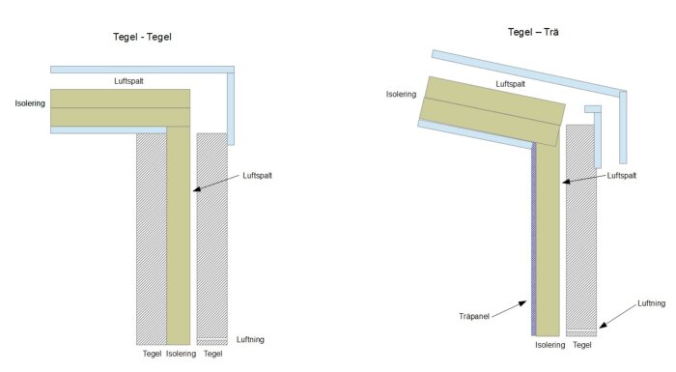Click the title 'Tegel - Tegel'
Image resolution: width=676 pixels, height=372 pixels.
[142, 37]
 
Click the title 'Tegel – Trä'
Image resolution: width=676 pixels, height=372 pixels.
[533, 32]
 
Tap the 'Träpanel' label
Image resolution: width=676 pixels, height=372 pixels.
[474, 316]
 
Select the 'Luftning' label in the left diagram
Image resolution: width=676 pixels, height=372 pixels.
[250, 340]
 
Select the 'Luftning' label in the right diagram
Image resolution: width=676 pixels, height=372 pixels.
[652, 303]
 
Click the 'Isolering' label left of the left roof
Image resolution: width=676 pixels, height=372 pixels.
[30, 103]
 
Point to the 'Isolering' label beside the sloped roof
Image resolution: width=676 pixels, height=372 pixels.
[401, 94]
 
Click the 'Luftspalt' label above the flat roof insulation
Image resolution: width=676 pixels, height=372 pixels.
[128, 81]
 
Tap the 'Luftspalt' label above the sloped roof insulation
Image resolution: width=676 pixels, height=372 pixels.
[511, 84]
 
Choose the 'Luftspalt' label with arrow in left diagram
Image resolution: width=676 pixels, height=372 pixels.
[258, 176]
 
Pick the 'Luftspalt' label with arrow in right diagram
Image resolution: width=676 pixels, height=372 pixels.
[622, 176]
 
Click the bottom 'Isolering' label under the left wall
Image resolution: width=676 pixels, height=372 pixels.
[182, 354]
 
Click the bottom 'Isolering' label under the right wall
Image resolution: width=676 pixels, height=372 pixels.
[550, 345]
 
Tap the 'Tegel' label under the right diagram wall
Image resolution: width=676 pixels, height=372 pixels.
[582, 345]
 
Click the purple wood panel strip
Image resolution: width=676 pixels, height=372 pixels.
[534, 239]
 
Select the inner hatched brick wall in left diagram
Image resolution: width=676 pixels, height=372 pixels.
[152, 239]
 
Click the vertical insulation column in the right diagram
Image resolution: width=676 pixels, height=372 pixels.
[548, 240]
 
